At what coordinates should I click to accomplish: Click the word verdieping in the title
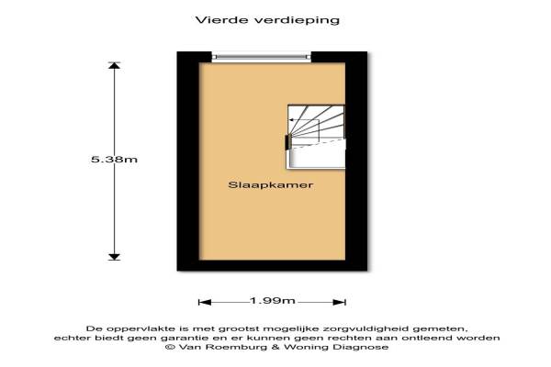297,21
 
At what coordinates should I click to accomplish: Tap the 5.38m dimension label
114,160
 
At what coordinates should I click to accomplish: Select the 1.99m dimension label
273,301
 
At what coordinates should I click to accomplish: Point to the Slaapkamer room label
271,185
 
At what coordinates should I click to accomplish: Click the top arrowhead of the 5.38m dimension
114,65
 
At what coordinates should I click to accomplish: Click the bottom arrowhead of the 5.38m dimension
114,257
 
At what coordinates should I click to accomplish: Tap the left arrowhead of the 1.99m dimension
205,302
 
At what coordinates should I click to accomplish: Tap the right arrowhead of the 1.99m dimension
340,302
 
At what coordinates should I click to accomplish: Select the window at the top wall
262,57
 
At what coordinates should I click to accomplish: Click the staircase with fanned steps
316,137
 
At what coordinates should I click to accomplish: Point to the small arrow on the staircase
304,120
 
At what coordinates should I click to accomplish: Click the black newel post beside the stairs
287,142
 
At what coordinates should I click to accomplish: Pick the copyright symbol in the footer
170,347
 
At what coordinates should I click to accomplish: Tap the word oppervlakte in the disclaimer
141,329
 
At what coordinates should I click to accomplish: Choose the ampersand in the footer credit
276,347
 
